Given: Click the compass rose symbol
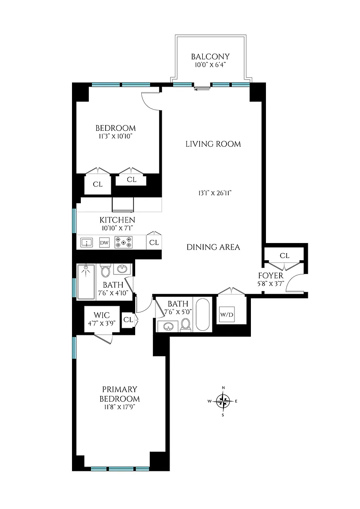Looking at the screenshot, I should [x=223, y=401].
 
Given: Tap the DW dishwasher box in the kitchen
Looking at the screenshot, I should [x=104, y=243].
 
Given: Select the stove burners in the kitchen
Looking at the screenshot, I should [x=123, y=242].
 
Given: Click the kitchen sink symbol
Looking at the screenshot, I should [x=86, y=242].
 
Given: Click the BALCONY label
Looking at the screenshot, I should [x=210, y=57].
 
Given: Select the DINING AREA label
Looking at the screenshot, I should [x=213, y=247].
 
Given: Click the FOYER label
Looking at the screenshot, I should [x=271, y=276].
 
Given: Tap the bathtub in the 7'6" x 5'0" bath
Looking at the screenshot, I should [x=203, y=315].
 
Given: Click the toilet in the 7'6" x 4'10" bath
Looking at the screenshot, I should [x=105, y=270].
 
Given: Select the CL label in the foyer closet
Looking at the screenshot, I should [x=284, y=256].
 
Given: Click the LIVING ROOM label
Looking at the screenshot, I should [x=213, y=144].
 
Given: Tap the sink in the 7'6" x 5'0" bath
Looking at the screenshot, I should [x=168, y=327].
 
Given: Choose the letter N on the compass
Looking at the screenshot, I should [x=223, y=388].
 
